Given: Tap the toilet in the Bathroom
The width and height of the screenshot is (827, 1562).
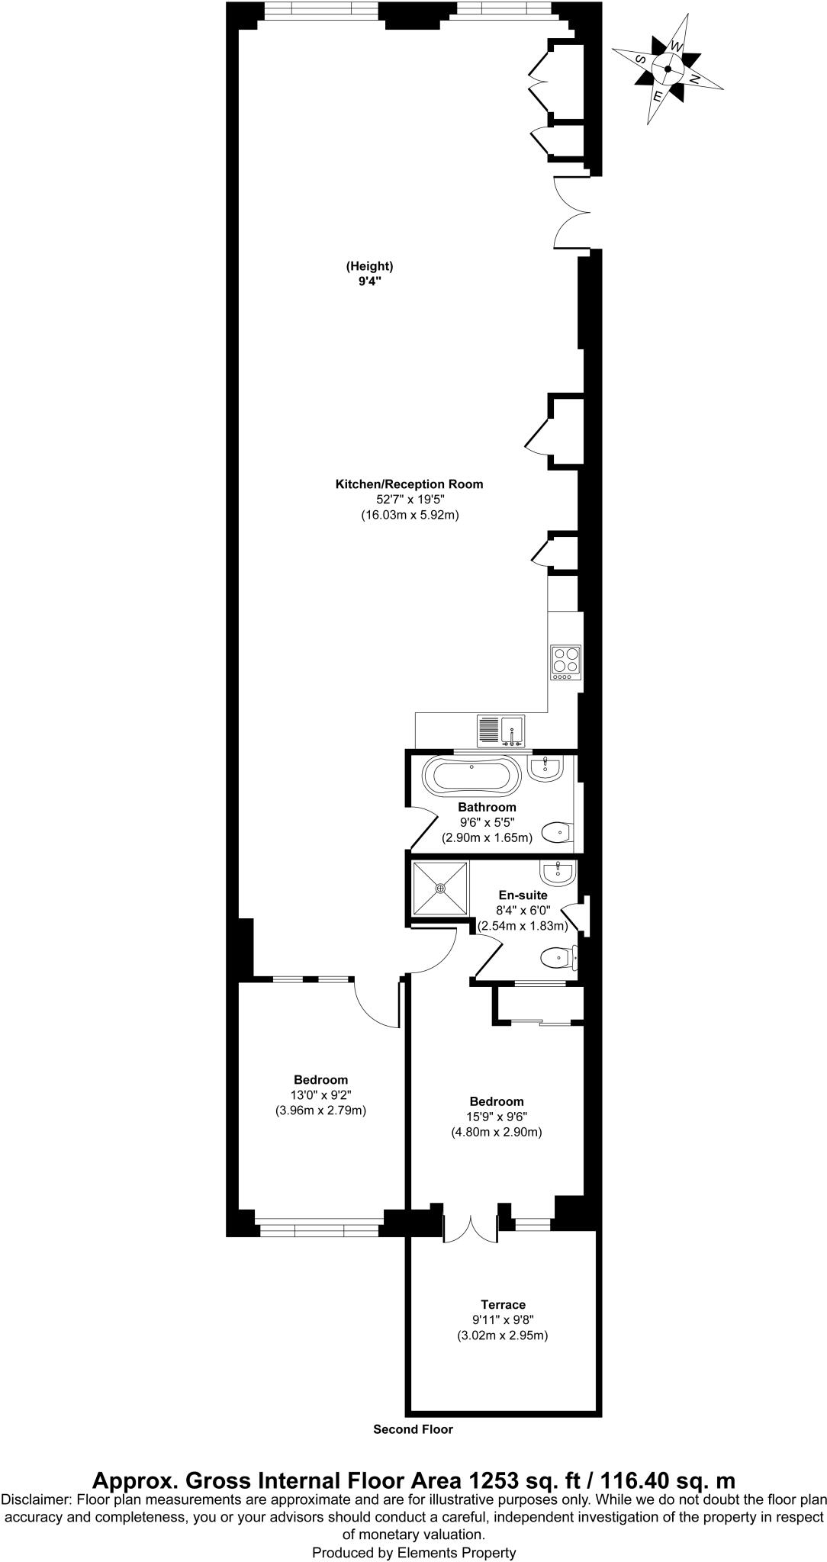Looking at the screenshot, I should tap(558, 831).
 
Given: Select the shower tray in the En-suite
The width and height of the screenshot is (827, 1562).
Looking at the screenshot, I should tap(440, 888).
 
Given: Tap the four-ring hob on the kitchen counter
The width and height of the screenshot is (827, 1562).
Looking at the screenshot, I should tap(566, 663).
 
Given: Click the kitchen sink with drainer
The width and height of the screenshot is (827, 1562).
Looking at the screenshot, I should tap(500, 731).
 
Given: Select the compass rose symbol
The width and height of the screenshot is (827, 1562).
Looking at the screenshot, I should tap(668, 69).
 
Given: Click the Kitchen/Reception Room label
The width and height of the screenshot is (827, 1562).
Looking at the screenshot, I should tap(410, 484).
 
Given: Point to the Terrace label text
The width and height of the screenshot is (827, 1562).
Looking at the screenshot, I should tap(503, 1304).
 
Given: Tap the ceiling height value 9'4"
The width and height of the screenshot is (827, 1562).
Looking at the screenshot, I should tap(369, 281).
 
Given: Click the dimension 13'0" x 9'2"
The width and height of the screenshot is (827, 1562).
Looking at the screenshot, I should tap(320, 1095).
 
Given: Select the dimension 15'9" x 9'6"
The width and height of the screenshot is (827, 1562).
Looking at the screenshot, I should tap(497, 1117).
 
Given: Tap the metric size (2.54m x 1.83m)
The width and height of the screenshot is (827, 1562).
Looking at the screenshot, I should tap(523, 926).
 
